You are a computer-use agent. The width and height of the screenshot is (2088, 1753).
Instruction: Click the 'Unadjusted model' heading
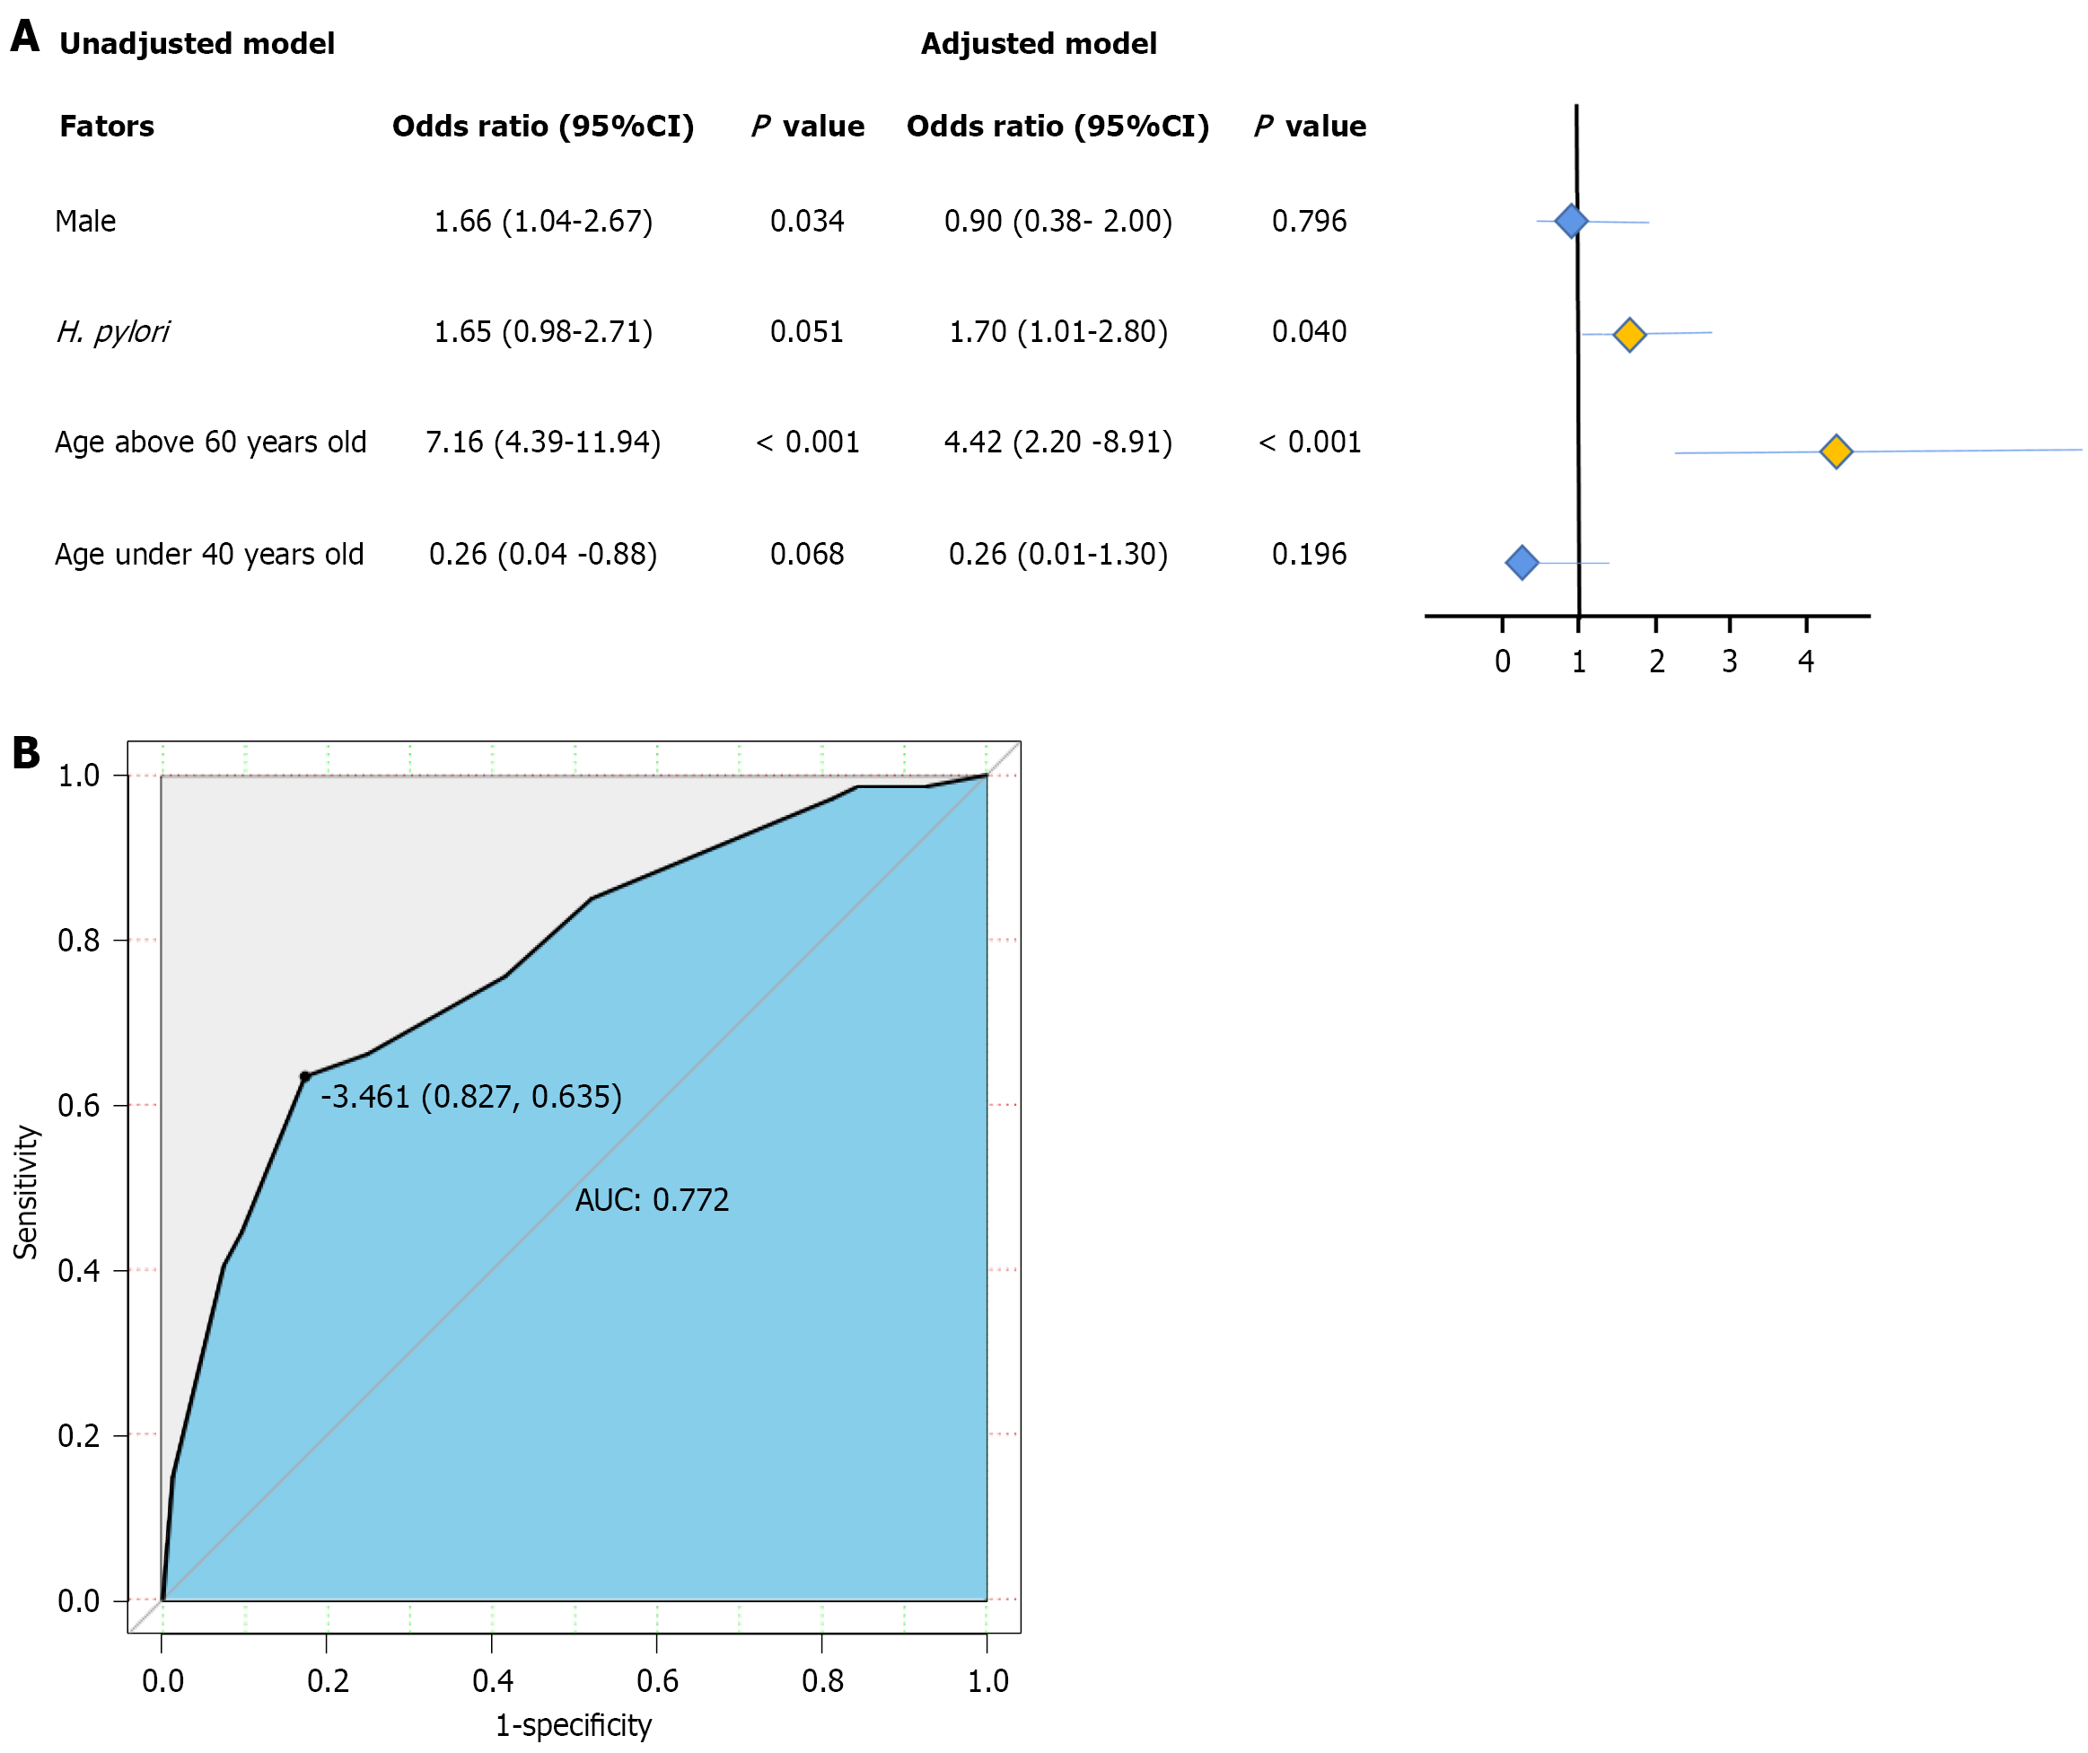point(197,44)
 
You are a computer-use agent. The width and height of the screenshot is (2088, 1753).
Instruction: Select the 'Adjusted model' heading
point(1038,44)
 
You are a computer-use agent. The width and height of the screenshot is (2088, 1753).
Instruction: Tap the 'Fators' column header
point(107,127)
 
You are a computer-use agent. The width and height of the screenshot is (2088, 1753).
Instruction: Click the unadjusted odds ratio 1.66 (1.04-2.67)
point(543,221)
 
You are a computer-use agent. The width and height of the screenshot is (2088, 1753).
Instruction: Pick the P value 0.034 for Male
point(806,221)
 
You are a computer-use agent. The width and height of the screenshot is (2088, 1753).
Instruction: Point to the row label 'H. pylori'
point(112,331)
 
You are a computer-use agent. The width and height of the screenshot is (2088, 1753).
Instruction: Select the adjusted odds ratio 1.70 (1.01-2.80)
point(1058,331)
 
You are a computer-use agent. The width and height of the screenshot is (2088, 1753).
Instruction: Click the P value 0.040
point(1309,331)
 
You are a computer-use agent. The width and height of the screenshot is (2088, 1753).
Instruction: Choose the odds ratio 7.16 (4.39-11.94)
point(543,442)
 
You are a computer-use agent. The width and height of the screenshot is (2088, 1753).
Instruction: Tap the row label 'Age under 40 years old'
point(209,554)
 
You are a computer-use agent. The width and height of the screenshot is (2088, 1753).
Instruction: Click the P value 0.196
point(1309,554)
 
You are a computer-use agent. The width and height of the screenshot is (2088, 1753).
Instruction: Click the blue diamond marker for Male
point(1571,221)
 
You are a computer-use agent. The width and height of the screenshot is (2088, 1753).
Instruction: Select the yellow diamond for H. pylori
point(1628,335)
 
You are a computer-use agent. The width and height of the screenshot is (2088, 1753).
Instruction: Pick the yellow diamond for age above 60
point(1836,451)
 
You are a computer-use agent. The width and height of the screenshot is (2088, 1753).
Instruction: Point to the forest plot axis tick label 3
point(1730,662)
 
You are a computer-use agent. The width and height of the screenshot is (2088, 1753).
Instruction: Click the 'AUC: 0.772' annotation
point(651,1200)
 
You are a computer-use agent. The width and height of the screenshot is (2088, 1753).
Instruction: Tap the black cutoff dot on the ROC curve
point(305,1077)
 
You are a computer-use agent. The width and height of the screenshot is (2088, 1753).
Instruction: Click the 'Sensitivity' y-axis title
point(26,1192)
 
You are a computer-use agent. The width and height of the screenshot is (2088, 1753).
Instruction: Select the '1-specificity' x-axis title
point(574,1725)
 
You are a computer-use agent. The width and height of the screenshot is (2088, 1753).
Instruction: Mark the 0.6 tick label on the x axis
point(657,1681)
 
